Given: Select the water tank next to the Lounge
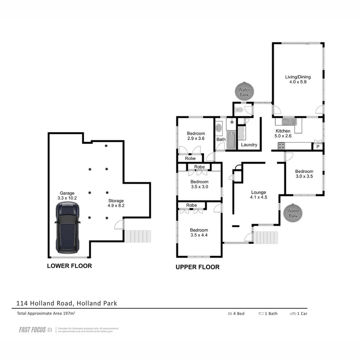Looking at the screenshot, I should click(293, 213).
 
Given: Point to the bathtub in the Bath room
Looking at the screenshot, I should click(231, 140).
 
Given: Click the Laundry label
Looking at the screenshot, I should click(249, 145).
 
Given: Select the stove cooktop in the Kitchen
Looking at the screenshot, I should click(281, 146).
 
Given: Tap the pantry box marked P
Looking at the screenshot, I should click(318, 147).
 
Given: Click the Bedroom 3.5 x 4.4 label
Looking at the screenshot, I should click(199, 232).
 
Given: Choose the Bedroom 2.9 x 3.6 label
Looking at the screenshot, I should click(196, 136).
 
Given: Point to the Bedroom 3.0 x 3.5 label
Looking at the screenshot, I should click(304, 174).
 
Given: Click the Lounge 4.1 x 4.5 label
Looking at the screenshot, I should click(259, 195).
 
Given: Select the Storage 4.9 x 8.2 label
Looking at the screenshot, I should click(116, 203).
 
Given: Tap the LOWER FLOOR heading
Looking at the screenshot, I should click(69, 266).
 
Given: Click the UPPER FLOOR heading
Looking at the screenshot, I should click(198, 267).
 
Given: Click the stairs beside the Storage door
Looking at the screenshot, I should click(137, 236).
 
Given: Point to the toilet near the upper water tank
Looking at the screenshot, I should click(239, 109).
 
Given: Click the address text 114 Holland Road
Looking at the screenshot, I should click(67, 303).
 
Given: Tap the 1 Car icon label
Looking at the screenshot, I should click(299, 313).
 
